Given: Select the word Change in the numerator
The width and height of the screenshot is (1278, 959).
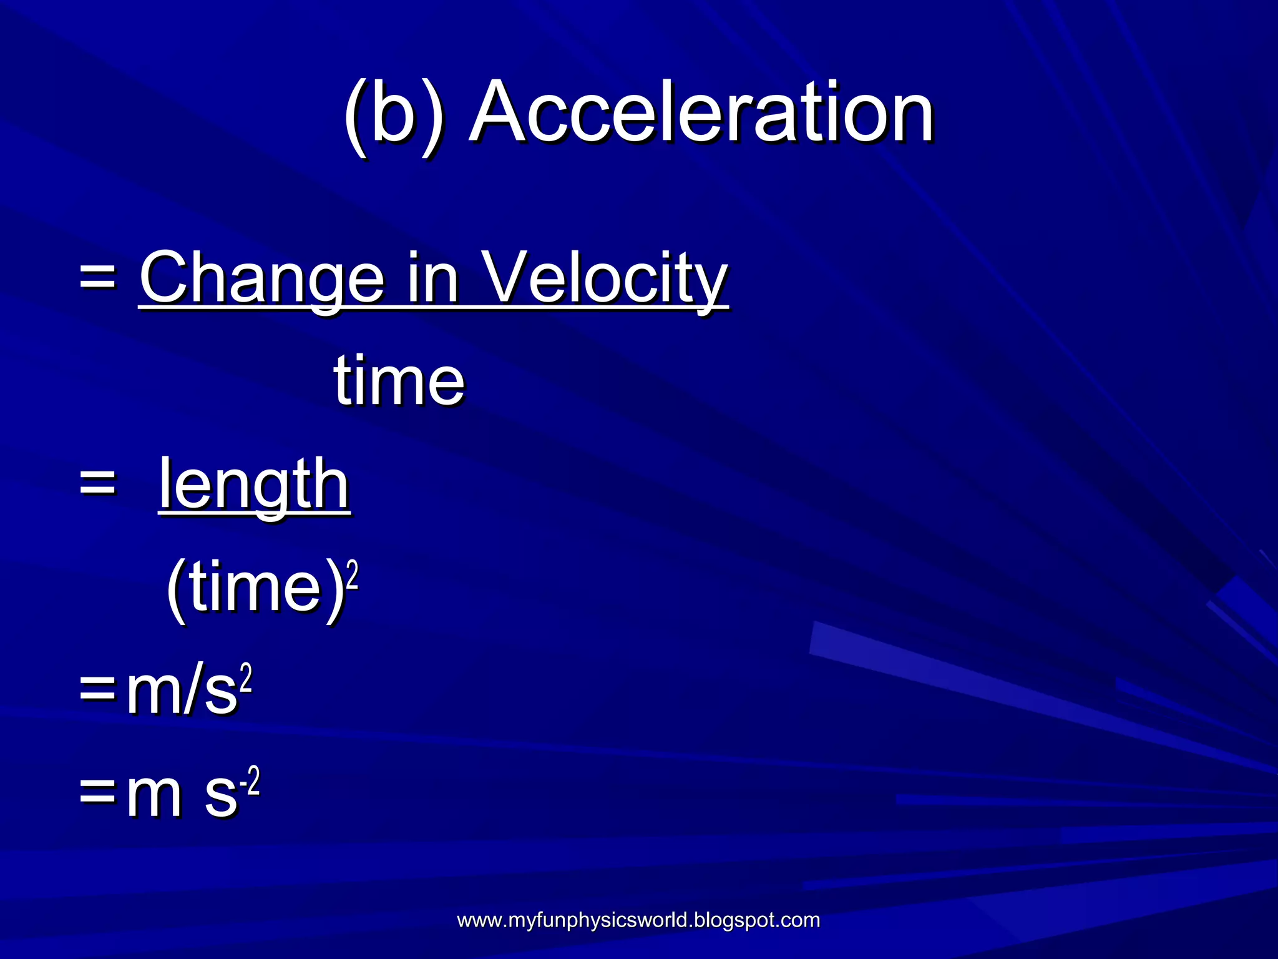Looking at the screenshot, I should tap(261, 278).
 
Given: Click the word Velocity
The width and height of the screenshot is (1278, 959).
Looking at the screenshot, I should tap(606, 278).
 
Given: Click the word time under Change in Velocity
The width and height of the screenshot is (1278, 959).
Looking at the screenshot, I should tap(399, 381).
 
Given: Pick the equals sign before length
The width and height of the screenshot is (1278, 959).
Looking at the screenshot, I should tap(98, 484).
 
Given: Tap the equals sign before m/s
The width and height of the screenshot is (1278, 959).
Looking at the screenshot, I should tap(98, 693).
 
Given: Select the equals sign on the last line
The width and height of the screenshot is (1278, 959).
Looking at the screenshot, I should tap(98, 796).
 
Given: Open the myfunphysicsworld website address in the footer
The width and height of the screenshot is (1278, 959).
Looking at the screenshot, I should tap(638, 920).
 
